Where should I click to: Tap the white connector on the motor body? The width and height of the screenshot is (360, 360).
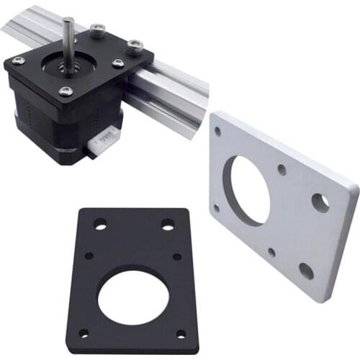click(103, 139)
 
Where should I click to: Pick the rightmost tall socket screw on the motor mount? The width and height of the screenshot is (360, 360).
click(135, 48)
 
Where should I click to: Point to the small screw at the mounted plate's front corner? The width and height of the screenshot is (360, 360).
click(66, 91)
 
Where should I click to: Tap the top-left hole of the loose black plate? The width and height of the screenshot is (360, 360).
click(100, 225)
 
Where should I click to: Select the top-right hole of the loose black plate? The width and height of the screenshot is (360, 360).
click(168, 225)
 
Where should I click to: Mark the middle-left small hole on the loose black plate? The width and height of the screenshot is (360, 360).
click(89, 256)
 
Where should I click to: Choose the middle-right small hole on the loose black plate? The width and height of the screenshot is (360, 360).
click(177, 256)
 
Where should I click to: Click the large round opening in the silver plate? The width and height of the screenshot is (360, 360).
click(246, 189)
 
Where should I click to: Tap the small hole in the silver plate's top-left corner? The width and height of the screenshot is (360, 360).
click(218, 131)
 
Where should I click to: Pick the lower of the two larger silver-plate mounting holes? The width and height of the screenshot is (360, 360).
click(306, 271)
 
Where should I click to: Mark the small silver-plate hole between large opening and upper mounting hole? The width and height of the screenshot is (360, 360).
click(282, 171)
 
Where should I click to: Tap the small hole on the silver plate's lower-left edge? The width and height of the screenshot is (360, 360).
click(216, 209)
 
